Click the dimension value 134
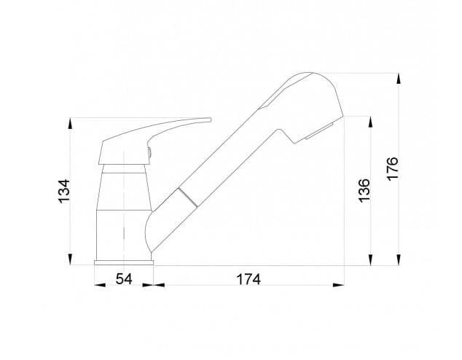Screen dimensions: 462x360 [x=65, y=190]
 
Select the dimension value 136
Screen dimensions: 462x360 [x=364, y=190]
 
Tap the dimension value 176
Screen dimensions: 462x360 [x=393, y=168]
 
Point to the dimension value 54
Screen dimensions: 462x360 [x=124, y=278]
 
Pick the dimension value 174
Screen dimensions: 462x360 [x=249, y=279]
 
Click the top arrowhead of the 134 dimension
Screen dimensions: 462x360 [x=70, y=123]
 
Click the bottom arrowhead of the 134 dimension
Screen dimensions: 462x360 [x=70, y=260]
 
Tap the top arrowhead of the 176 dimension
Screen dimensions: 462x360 [x=399, y=79]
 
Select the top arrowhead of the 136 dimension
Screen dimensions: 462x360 [x=371, y=122]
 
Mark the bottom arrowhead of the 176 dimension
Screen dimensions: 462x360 [x=399, y=260]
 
